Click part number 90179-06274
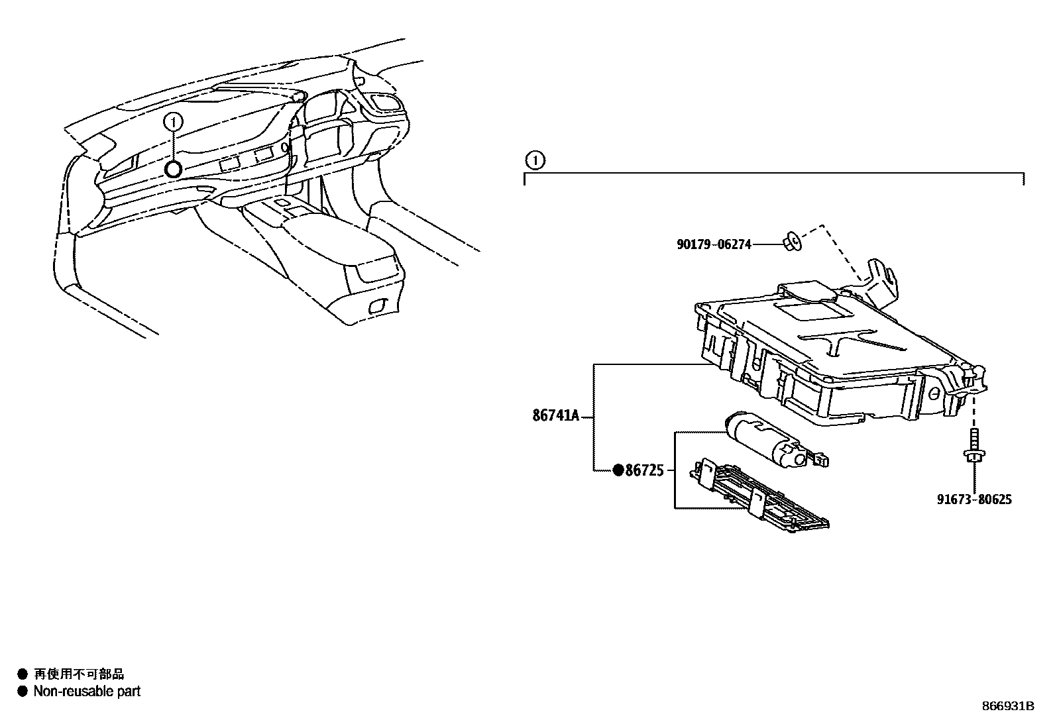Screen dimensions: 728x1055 (714, 244)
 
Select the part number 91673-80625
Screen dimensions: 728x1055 (974, 499)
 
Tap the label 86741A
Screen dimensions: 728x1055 (556, 416)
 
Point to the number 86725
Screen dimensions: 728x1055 (644, 470)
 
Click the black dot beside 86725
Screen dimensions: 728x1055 (618, 470)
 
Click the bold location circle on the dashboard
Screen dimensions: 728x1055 (173, 170)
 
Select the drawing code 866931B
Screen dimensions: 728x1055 (1007, 706)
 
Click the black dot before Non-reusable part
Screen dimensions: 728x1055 (23, 692)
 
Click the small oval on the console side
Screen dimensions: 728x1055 (376, 306)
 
